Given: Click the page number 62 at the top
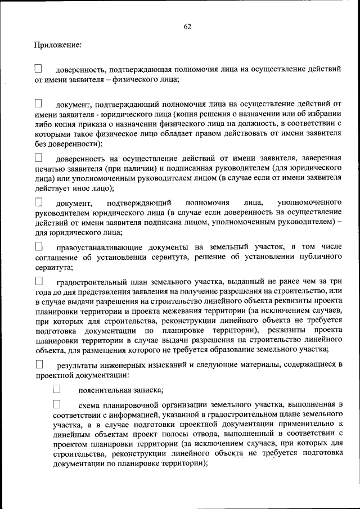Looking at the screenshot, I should [x=187, y=26].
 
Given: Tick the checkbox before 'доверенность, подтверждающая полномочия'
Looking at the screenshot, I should [x=38, y=69].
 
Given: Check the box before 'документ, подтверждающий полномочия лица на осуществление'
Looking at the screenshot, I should [x=38, y=103].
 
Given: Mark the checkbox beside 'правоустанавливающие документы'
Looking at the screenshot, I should [x=39, y=246].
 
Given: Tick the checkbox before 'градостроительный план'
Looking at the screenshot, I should [x=39, y=280].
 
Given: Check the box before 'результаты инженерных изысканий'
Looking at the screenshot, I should [x=39, y=364].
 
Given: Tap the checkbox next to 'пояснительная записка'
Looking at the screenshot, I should [x=56, y=389].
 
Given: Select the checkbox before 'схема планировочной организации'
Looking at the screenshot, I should [x=56, y=404].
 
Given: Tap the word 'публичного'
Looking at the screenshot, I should [x=323, y=258].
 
